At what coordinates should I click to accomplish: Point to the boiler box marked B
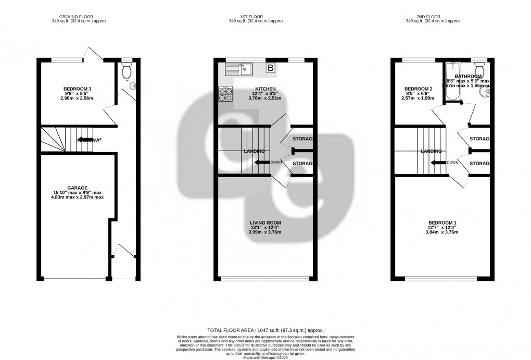pyautogui.click(x=271, y=68)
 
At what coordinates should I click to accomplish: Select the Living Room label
pyautogui.click(x=265, y=222)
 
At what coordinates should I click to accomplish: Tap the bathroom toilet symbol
pyautogui.click(x=480, y=69)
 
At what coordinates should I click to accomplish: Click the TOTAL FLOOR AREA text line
pyautogui.click(x=265, y=330)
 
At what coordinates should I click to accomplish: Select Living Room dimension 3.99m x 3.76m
pyautogui.click(x=265, y=232)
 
